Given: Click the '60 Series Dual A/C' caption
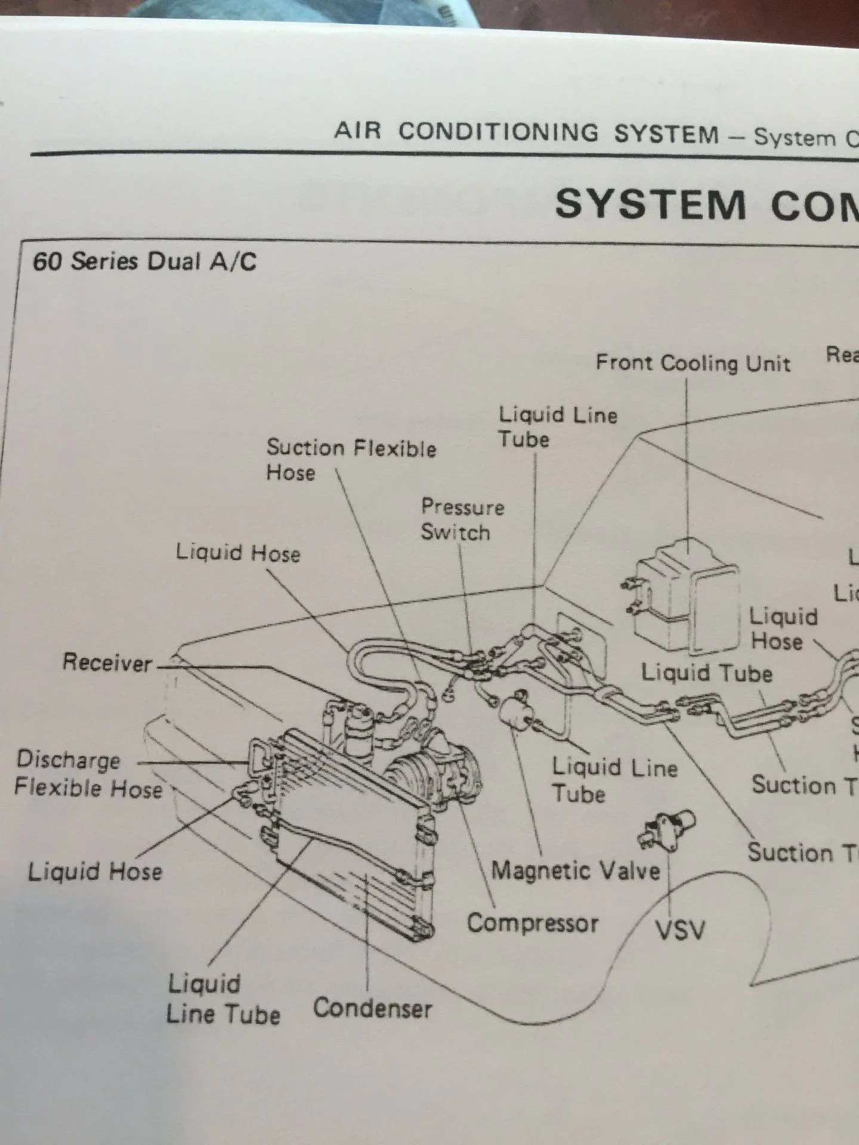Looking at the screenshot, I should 145,262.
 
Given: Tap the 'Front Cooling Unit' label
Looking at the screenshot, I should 693,363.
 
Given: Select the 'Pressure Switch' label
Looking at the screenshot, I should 462,519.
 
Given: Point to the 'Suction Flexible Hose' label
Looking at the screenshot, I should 351,459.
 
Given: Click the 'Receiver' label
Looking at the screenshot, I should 107,663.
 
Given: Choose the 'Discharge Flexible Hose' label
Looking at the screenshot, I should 88,774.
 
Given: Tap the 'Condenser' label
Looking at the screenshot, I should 372,1008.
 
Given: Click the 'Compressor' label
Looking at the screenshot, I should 532,923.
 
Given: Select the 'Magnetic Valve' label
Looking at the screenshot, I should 576,871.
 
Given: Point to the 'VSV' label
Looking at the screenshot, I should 680,929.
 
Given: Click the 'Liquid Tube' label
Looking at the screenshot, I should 706,673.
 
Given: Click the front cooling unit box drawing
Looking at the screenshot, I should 686,596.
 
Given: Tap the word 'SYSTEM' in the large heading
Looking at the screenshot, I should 650,205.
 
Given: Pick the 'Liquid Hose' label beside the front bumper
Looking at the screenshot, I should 95,872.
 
